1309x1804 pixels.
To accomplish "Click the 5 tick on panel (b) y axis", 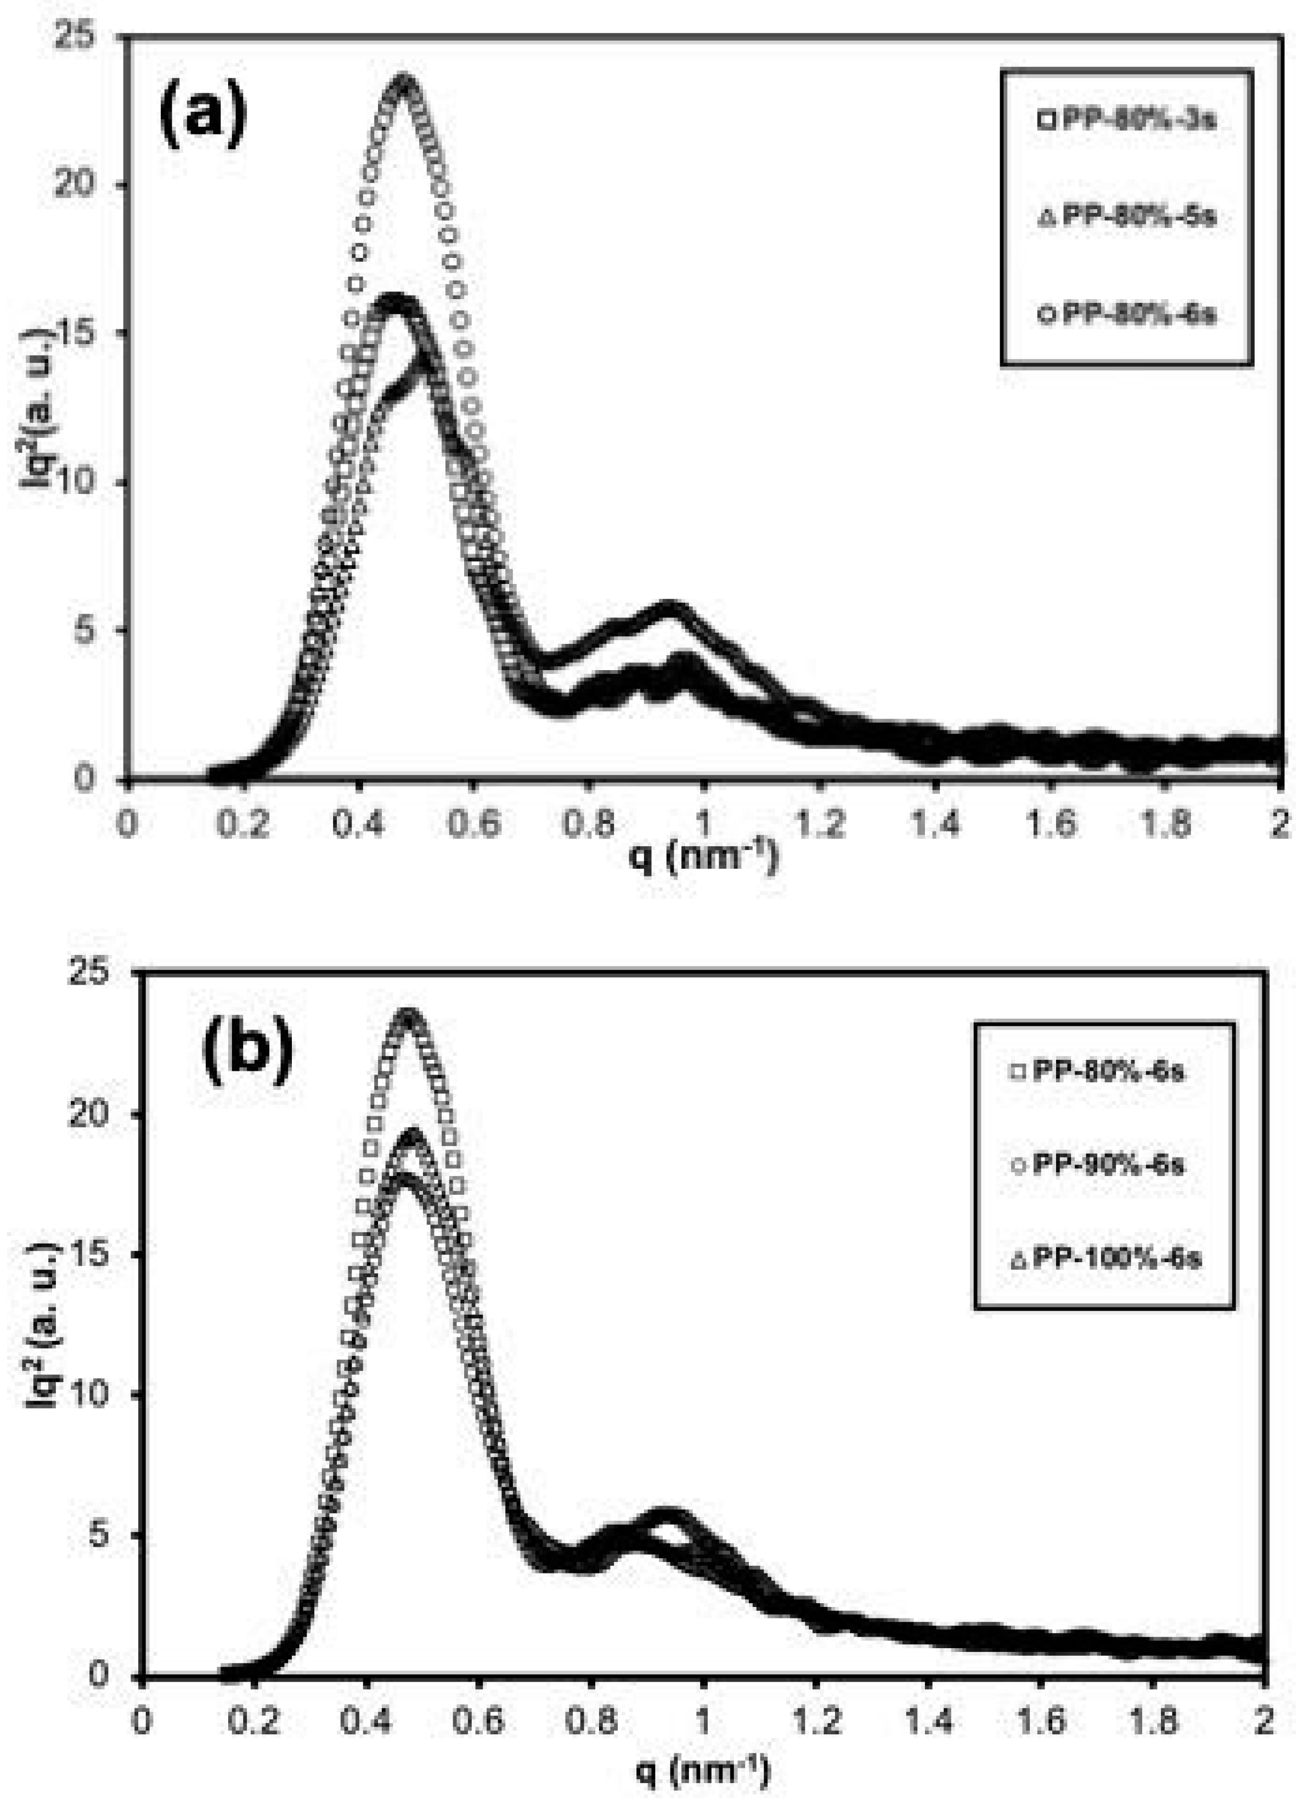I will click(x=111, y=1535).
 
